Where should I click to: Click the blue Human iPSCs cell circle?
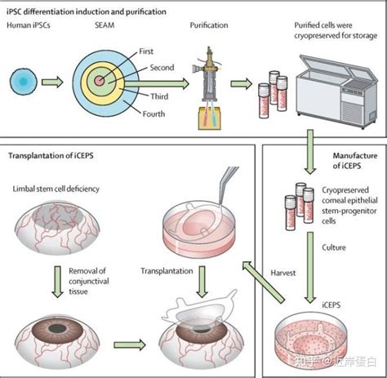24,82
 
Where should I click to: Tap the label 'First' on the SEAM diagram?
146,51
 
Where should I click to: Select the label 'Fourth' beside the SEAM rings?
153,113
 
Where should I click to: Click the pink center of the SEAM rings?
99,81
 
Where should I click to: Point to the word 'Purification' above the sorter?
209,25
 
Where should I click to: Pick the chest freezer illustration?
337,91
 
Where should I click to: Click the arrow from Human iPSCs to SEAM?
52,82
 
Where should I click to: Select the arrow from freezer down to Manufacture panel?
310,152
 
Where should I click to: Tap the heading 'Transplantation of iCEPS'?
51,156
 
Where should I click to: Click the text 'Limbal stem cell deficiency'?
56,189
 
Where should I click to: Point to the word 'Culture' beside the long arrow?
334,247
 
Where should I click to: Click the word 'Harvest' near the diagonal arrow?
282,273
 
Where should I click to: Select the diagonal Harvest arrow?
263,282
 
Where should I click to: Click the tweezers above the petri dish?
228,185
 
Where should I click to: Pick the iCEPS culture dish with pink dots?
311,341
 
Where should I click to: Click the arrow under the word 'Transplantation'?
202,282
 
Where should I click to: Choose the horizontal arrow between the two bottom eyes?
130,345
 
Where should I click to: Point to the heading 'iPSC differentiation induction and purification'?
87,12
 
